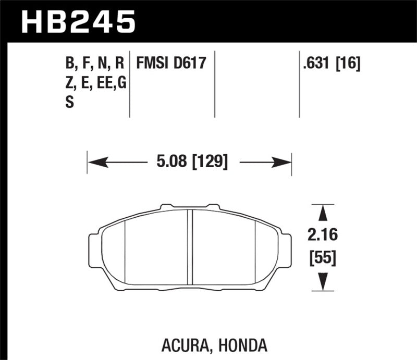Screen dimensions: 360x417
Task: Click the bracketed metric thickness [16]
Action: (349, 64)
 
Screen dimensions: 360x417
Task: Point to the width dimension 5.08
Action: (171, 162)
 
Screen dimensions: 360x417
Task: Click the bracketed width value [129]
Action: (210, 162)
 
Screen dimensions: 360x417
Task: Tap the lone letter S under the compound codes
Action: (69, 103)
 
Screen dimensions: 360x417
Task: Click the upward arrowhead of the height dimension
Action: (323, 213)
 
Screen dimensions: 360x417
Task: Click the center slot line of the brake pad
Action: (191, 247)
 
